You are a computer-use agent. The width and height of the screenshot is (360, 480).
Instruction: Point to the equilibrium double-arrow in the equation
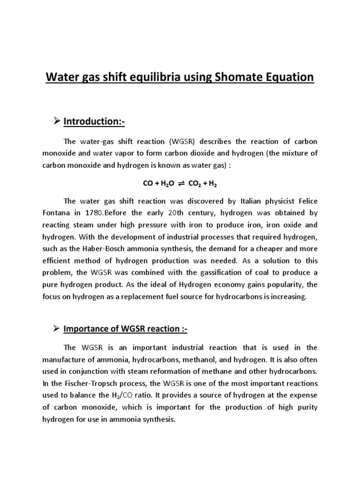click(181, 184)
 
